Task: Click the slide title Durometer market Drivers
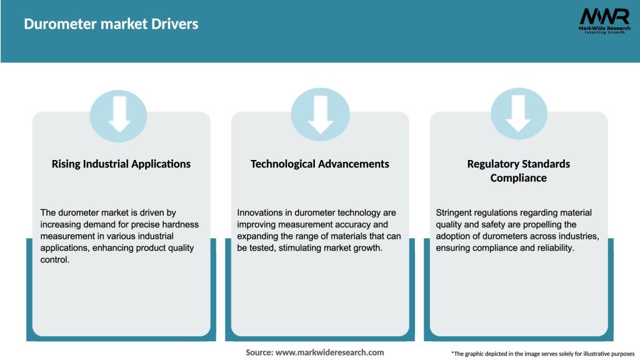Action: pos(111,24)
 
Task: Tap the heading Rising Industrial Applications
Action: pos(121,164)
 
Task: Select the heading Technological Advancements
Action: pos(320,164)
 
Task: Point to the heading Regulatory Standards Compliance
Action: pos(519,171)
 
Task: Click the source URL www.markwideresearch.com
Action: pos(329,352)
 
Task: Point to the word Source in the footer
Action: pos(259,352)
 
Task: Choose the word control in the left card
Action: pos(55,260)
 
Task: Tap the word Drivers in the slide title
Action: pos(175,24)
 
